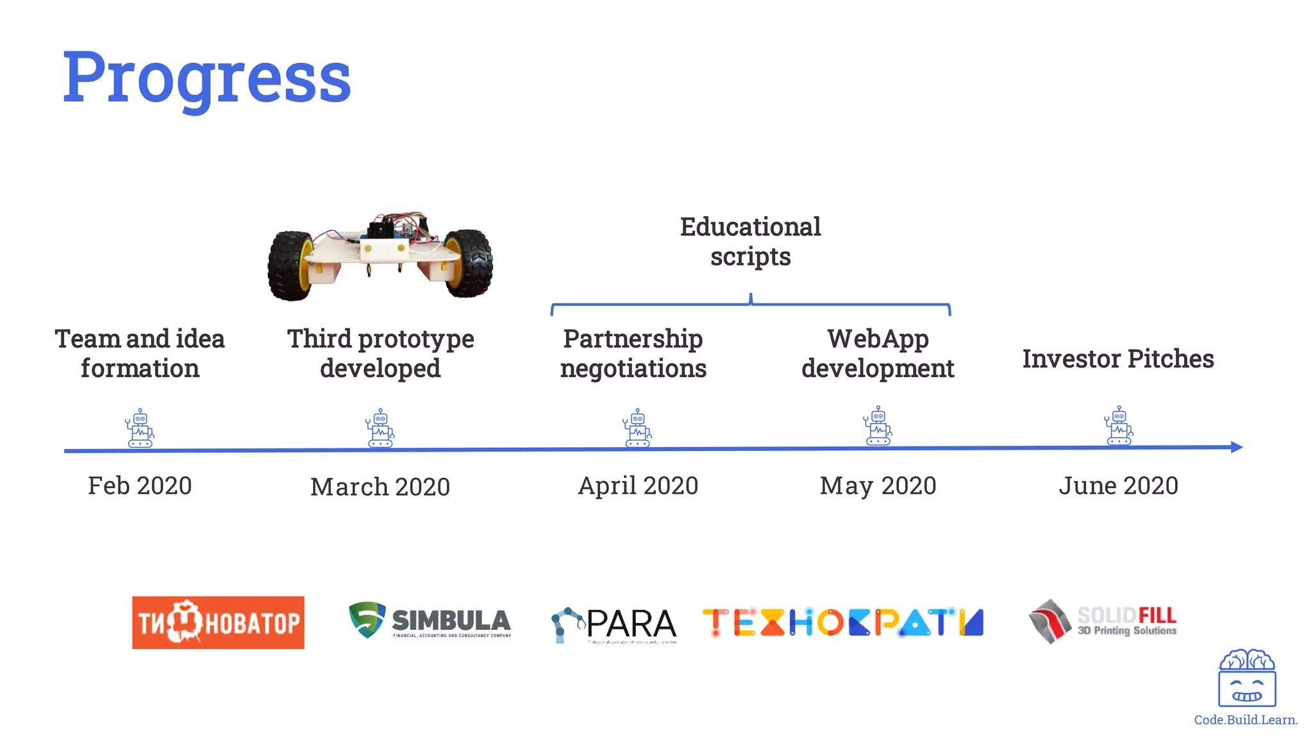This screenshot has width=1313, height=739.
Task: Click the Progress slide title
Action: [206, 78]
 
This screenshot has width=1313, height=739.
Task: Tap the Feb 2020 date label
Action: [140, 486]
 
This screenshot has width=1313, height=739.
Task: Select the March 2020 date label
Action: [380, 487]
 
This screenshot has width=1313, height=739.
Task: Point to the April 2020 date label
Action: [638, 486]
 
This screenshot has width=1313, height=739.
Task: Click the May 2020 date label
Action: [878, 486]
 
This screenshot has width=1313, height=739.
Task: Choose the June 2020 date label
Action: [1118, 486]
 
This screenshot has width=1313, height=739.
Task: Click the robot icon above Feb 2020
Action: [140, 428]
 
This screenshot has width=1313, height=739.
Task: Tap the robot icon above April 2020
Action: [637, 428]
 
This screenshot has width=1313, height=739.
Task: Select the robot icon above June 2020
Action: [1119, 425]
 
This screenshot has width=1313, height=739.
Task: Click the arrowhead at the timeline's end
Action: [1237, 447]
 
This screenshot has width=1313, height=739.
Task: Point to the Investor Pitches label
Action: [1118, 359]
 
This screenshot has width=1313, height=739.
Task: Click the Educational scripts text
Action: [750, 242]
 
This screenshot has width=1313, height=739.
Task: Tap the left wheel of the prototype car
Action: [290, 266]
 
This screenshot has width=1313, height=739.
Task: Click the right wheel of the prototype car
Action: [469, 263]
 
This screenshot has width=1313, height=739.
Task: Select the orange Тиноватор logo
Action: [218, 622]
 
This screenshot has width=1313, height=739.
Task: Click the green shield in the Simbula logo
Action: [367, 619]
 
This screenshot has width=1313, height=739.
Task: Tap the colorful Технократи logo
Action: [843, 622]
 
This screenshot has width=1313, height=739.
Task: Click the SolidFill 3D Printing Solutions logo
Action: [1103, 621]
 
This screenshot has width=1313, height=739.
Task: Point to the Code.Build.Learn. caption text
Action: [1246, 720]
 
